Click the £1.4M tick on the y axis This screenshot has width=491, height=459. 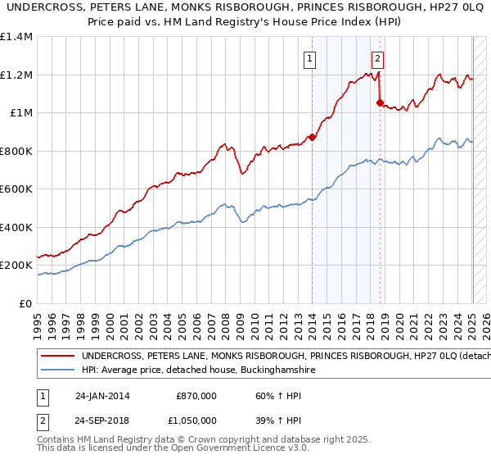16,37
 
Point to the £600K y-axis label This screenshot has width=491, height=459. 16,189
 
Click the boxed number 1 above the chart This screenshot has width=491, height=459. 311,58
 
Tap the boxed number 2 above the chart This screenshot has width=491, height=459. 377,58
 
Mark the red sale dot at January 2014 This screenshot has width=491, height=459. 313,138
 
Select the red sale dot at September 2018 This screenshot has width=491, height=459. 380,103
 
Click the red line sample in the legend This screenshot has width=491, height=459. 57,357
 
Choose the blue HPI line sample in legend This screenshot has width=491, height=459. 57,370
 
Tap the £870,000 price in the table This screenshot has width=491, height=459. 196,396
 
